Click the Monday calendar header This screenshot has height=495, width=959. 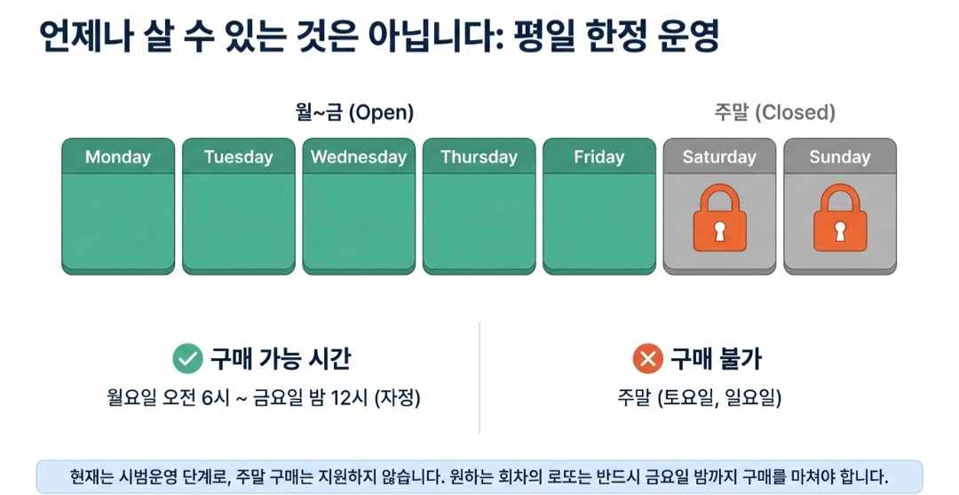[x=118, y=157]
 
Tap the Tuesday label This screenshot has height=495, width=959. [x=238, y=157]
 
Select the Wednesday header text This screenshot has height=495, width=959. [x=359, y=157]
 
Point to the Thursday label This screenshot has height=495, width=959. [x=479, y=157]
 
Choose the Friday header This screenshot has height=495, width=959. [x=598, y=157]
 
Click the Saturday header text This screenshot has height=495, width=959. [x=719, y=157]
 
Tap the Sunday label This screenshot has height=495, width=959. [x=839, y=157]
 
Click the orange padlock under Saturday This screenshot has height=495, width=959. [x=719, y=219]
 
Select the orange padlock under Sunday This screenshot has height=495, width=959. [x=839, y=219]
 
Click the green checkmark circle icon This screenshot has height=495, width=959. [x=187, y=359]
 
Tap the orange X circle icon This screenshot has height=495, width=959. [x=647, y=359]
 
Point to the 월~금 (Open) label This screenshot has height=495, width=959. [x=354, y=113]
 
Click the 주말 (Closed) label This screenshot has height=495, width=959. [x=774, y=113]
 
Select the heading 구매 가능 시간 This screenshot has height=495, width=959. [x=281, y=359]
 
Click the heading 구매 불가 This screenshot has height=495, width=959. [x=715, y=359]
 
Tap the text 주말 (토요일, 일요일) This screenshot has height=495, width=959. [x=700, y=398]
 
